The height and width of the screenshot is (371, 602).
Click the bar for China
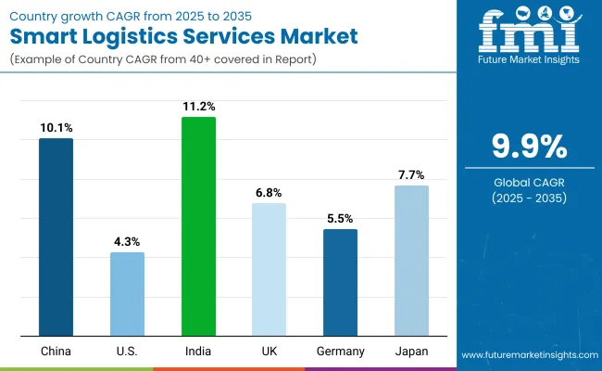tap(56, 237)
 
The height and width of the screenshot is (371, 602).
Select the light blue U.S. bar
tap(127, 293)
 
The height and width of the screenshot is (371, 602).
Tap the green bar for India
tap(198, 226)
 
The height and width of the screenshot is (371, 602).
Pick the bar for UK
tap(269, 269)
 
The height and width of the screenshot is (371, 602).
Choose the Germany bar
tap(340, 282)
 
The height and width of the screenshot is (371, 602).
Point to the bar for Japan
tap(411, 261)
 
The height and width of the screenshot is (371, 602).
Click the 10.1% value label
tap(56, 127)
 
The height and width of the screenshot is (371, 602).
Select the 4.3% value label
tap(127, 241)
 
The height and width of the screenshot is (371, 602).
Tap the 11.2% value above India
tap(198, 106)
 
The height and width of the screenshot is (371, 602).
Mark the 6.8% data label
tap(269, 192)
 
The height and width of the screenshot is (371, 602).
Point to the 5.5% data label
tap(340, 218)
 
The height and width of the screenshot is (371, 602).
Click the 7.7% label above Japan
tap(411, 174)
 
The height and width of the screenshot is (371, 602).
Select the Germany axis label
tap(340, 352)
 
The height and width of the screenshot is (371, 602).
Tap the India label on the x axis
tap(198, 352)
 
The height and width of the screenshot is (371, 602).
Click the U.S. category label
tap(127, 352)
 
